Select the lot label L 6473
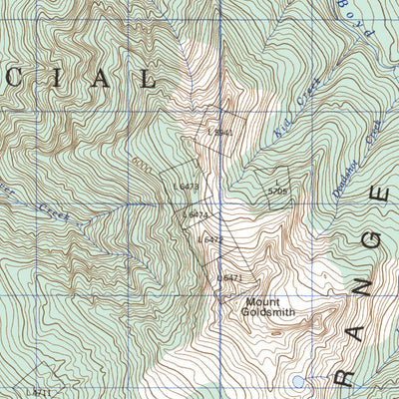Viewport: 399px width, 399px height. pyautogui.click(x=187, y=185)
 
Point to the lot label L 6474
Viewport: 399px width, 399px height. pyautogui.click(x=196, y=214)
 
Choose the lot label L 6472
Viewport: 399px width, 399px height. pyautogui.click(x=209, y=239)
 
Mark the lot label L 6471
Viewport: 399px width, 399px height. pyautogui.click(x=229, y=277)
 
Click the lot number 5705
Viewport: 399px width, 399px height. pyautogui.click(x=277, y=191)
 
